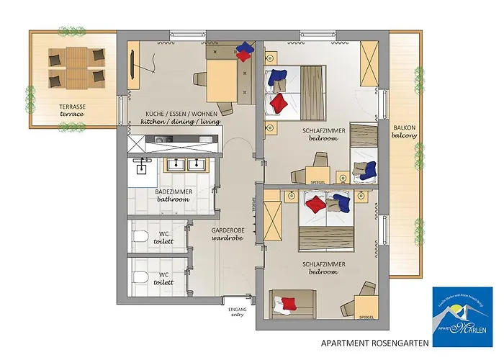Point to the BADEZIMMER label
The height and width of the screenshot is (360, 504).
coord(172,192)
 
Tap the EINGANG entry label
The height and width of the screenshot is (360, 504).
coord(237,311)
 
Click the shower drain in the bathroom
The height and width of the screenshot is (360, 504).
coord(141,170)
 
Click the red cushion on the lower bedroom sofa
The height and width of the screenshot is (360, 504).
coord(289,302)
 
